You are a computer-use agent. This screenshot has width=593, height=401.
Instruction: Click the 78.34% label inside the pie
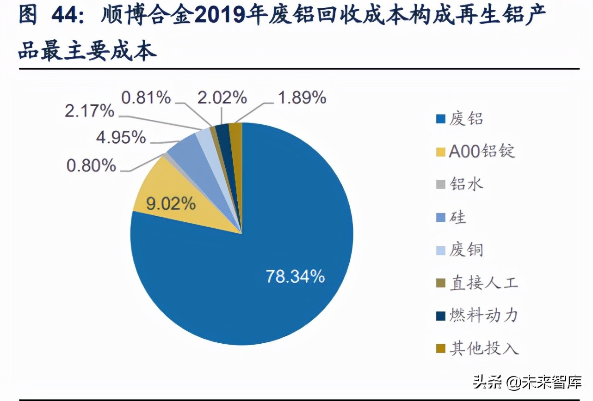coord(295,277)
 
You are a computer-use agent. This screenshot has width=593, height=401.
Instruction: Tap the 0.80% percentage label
coord(91,166)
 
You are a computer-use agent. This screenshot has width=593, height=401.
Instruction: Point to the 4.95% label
coord(120,137)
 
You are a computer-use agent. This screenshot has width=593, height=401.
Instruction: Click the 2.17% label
coord(89,111)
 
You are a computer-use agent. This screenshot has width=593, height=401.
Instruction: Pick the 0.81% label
coord(146,97)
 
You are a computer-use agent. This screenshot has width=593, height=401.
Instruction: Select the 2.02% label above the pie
coord(222,97)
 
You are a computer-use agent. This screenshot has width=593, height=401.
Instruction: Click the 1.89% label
coord(302,97)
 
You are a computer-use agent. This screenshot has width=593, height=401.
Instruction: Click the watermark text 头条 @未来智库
coord(527,381)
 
